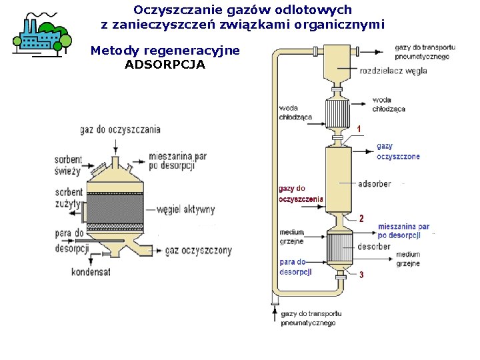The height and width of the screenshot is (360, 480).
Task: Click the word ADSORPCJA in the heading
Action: point(165,65)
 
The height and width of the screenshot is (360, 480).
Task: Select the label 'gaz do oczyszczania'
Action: point(120,129)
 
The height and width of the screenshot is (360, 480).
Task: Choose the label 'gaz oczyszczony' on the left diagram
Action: point(198,251)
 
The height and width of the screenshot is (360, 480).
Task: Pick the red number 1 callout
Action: point(359,128)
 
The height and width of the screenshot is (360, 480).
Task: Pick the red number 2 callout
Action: point(361,218)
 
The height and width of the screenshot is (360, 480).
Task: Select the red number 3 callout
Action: point(361,275)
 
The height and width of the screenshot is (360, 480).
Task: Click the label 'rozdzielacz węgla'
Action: point(393,71)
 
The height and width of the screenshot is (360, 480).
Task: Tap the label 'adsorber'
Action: point(374,183)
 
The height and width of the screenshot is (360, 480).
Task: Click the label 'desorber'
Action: point(374,247)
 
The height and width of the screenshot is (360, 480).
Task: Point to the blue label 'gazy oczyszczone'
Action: point(398,151)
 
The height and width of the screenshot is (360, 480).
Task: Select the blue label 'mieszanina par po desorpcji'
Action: point(403,231)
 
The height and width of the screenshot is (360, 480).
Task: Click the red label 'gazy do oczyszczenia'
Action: point(300,193)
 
